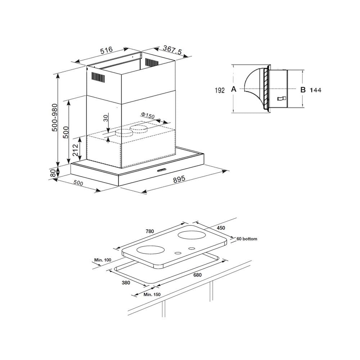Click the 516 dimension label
coord(107,50)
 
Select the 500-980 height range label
coord(55,118)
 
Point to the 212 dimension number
coord(75,150)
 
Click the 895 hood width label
coord(179,179)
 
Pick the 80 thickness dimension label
coord(53,173)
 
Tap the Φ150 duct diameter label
coord(148,115)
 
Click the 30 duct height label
coord(105,118)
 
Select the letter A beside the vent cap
coord(234,89)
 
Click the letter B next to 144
coord(303,90)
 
